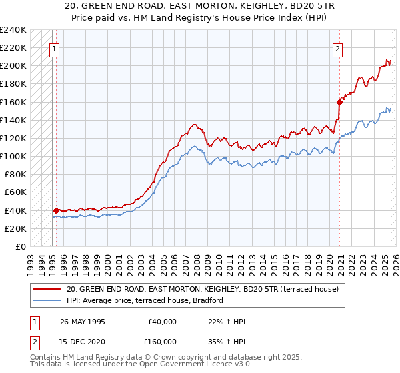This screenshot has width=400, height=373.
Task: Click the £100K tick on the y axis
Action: (13, 156)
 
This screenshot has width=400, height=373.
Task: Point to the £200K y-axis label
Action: (13, 66)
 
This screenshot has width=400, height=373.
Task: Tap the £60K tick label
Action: (15, 192)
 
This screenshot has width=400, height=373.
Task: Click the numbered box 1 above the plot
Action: (53, 48)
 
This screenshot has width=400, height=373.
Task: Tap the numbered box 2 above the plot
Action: (338, 48)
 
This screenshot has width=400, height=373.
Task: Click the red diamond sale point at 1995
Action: (56, 210)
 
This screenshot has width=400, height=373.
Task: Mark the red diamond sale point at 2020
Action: (339, 102)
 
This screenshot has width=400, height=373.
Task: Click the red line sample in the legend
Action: (47, 289)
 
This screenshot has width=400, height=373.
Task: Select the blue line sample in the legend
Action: (47, 300)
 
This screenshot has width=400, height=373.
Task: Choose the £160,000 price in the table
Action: (162, 340)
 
